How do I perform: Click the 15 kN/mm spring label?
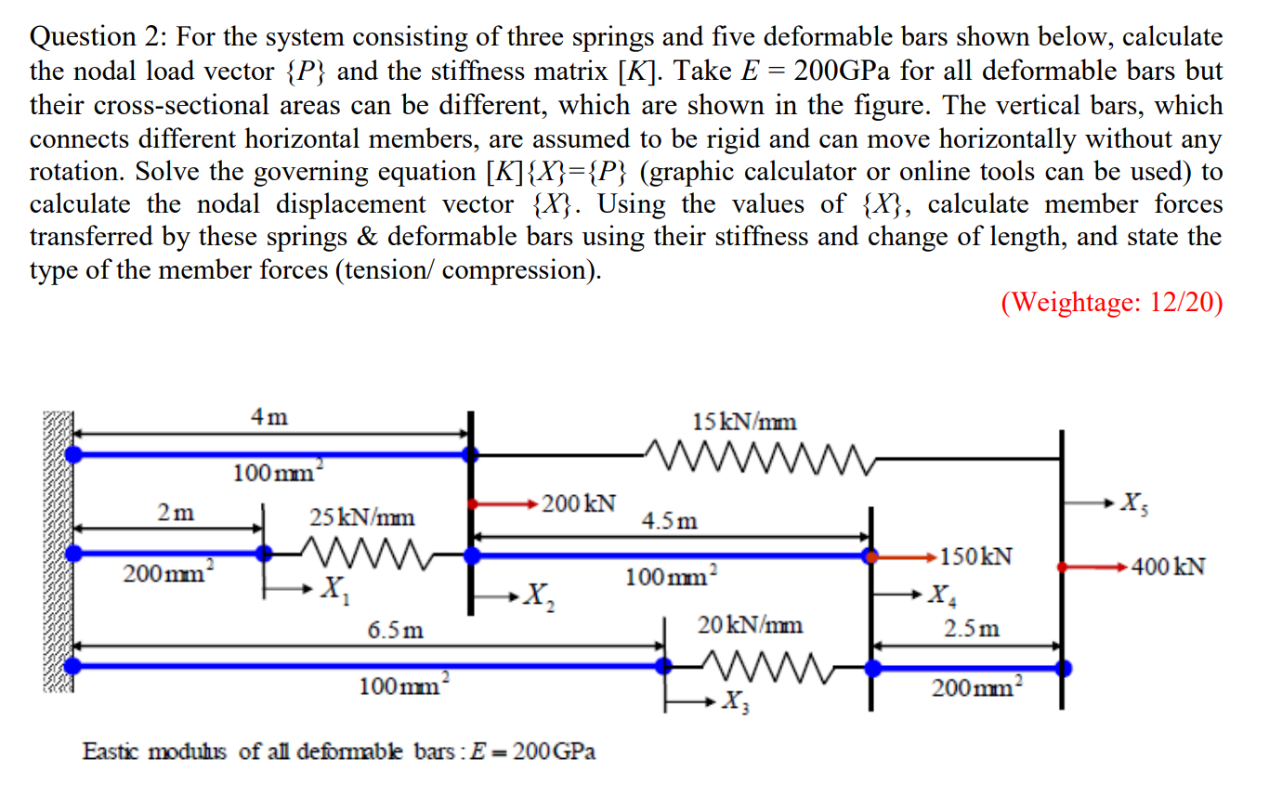pyautogui.click(x=744, y=422)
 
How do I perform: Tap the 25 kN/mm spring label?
pyautogui.click(x=362, y=516)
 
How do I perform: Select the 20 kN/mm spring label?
pyautogui.click(x=750, y=625)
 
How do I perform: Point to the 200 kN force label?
pyautogui.click(x=578, y=504)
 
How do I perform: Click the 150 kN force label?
pyautogui.click(x=975, y=557)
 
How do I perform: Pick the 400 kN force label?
pyautogui.click(x=1168, y=566)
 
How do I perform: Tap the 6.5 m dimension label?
pyautogui.click(x=395, y=630)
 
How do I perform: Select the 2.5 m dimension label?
pyautogui.click(x=972, y=628)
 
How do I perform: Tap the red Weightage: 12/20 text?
pyautogui.click(x=1111, y=304)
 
